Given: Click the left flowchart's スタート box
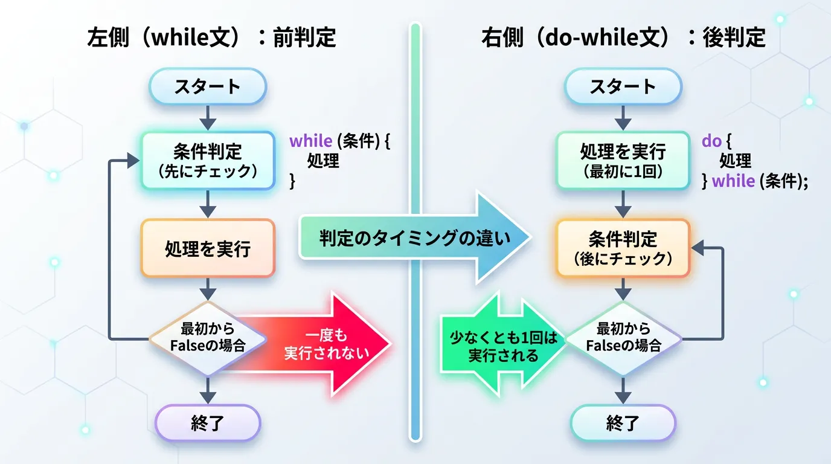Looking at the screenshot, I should (x=207, y=86).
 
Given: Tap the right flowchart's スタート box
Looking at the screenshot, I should (x=623, y=86).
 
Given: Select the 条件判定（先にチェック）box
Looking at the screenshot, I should (x=207, y=161).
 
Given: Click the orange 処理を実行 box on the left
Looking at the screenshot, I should (x=207, y=248).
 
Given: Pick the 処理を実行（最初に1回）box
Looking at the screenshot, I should (x=623, y=161).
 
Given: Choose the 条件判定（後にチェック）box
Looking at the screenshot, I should (x=623, y=248).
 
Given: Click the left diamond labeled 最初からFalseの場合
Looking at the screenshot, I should (x=207, y=339).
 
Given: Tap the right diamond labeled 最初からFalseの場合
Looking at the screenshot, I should (x=623, y=339).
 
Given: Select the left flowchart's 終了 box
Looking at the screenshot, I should (x=207, y=423).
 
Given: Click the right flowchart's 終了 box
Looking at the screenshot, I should (x=623, y=423).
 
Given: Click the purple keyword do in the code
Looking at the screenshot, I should (x=711, y=141).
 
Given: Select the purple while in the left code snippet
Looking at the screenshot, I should (x=310, y=141).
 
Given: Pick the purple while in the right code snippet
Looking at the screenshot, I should (x=733, y=181).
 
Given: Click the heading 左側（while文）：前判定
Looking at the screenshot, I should (x=211, y=38).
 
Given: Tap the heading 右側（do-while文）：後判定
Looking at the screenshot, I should (x=623, y=38).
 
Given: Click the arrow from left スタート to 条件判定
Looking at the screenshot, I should (x=207, y=118).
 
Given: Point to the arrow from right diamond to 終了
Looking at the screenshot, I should (x=623, y=390).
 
